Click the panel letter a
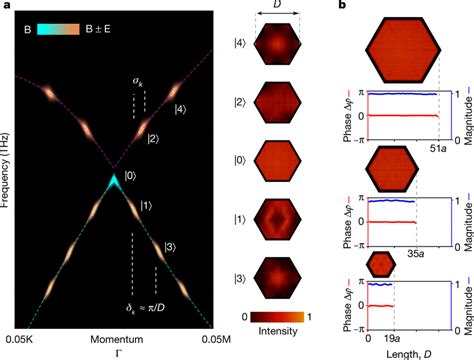(7, 7)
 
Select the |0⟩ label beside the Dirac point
(132, 176)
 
